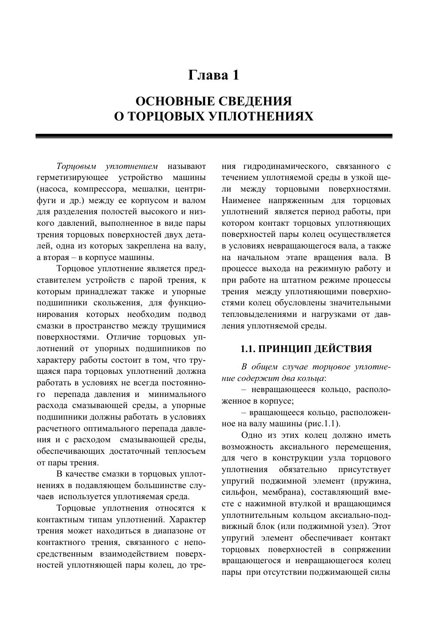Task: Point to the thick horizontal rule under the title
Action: [214, 136]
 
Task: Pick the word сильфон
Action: [239, 492]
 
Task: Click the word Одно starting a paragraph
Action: [252, 435]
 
